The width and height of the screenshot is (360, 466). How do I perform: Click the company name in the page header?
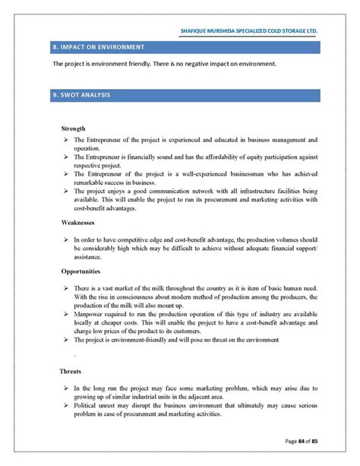coord(248,31)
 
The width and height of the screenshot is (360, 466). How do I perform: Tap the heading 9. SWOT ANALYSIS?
coord(81,95)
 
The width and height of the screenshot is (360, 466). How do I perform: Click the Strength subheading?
coord(73,128)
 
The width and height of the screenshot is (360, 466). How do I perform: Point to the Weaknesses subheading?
coord(78,223)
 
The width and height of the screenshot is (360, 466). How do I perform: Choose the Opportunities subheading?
coord(82,271)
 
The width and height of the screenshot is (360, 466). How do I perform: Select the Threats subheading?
coord(71,372)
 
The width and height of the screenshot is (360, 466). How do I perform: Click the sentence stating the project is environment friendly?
coord(163,64)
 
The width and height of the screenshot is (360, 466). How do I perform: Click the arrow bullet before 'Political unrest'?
coord(66,408)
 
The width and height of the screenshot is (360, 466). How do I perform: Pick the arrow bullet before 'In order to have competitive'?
coord(66,239)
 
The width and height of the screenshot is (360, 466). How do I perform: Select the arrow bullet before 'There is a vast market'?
coord(66,290)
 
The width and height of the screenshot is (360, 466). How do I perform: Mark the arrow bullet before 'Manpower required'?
coord(66,313)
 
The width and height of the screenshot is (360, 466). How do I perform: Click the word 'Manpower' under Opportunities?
coord(90,313)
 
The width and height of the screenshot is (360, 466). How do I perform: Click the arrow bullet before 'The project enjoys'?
coord(66,191)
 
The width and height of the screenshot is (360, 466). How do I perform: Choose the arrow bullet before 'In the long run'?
coord(66,388)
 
